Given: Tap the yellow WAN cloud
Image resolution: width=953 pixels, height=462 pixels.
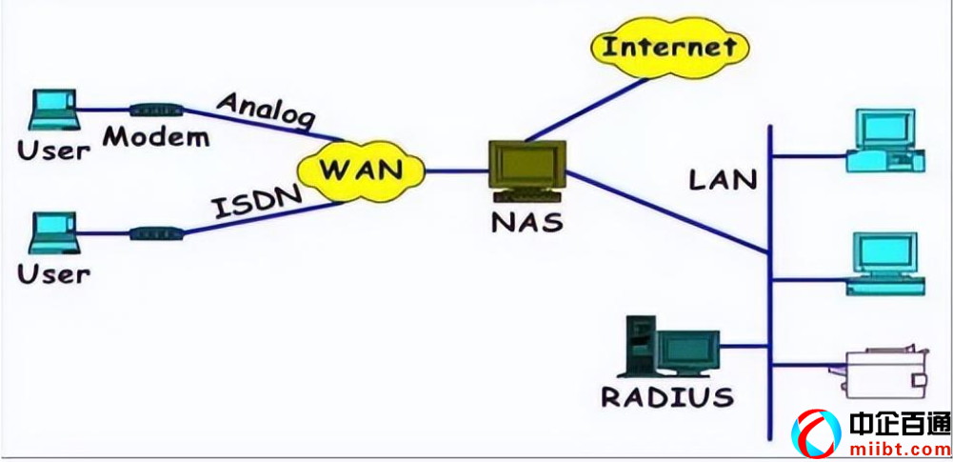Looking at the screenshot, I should [360, 171].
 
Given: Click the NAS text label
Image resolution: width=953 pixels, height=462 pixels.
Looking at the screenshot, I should [527, 224].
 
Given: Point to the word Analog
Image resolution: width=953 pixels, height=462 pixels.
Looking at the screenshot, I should [267, 109].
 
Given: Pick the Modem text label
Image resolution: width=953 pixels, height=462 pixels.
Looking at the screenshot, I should [156, 137].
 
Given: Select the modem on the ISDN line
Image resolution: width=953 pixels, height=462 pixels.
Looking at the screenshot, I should [154, 232].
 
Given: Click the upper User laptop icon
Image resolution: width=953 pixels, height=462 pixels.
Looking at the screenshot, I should [52, 110].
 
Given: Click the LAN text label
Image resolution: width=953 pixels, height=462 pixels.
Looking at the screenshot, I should [724, 179].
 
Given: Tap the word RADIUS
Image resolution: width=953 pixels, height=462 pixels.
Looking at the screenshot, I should [667, 396].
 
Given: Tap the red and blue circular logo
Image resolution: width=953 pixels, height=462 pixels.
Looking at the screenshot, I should [818, 434].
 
